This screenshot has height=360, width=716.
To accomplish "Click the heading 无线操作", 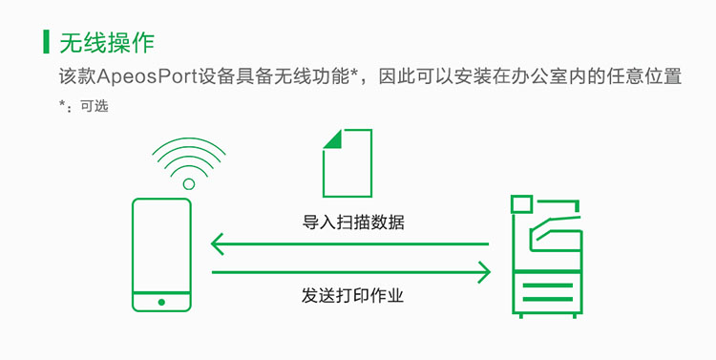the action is tap(107, 42).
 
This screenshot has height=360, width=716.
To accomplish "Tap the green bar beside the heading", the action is tap(46, 42).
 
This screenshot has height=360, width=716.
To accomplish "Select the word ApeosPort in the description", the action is tap(147, 76).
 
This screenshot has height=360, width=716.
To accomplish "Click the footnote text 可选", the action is tap(95, 106).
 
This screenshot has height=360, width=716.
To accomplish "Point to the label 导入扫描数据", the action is tap(353, 222).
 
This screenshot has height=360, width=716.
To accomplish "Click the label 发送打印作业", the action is tap(352, 295).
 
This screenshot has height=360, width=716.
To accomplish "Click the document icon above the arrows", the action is tap(347, 163).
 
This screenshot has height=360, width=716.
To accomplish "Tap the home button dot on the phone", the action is tap(161, 302).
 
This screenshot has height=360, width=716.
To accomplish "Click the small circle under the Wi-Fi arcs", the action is tap(189, 184).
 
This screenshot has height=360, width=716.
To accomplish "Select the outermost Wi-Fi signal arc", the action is tap(189, 145).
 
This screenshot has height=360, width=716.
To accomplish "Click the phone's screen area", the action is tap(161, 245).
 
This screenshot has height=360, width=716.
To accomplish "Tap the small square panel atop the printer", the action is tap(522, 203).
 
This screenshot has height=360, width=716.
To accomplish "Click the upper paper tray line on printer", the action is tap(548, 286).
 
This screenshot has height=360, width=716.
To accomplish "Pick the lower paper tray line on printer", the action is tap(548, 299).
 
